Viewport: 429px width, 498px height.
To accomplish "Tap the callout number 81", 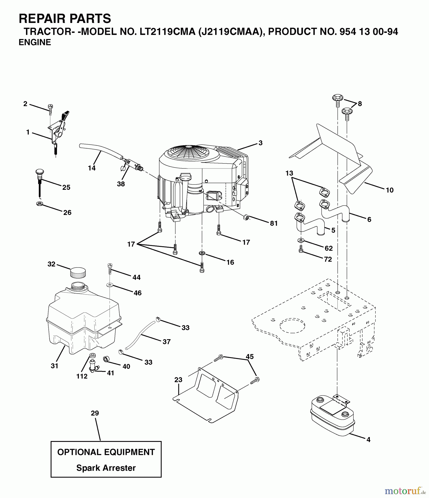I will (x=274, y=223).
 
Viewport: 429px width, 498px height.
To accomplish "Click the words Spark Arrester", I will (x=106, y=468).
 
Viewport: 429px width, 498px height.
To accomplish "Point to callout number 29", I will (x=95, y=413).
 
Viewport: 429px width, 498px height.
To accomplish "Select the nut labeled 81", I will (x=246, y=217).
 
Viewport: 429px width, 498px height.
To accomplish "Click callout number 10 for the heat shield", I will (x=389, y=190).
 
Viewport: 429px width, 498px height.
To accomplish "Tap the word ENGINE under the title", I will (x=35, y=42).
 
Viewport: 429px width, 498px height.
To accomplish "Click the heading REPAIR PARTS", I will (x=65, y=19).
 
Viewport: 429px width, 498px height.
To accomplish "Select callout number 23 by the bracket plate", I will (x=178, y=380).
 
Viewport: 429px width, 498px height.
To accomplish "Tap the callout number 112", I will (x=82, y=376).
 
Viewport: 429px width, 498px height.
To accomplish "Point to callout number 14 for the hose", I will (x=92, y=168).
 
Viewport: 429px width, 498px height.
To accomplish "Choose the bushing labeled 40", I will (x=106, y=359).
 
